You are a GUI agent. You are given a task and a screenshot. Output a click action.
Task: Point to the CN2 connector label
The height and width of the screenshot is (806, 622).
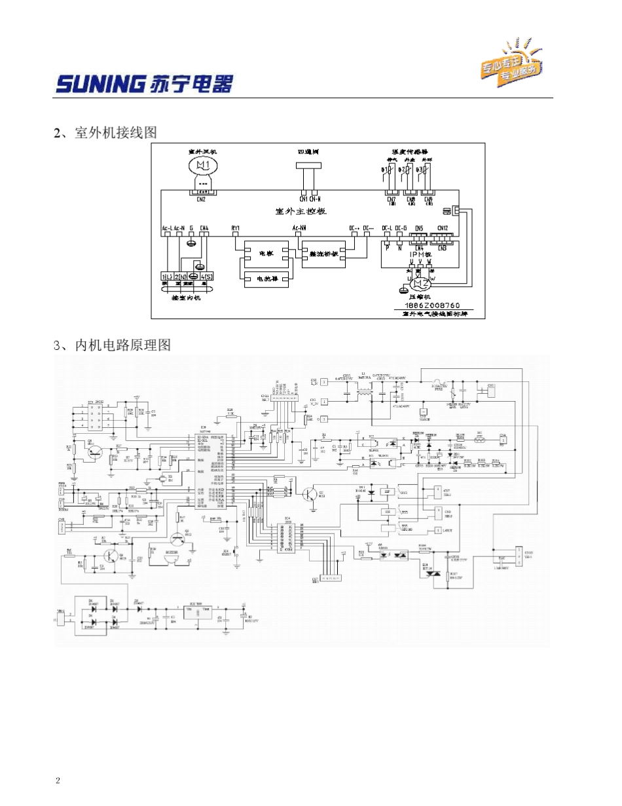tap(201, 199)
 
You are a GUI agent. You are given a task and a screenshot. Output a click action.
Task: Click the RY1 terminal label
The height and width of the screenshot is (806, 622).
tap(236, 229)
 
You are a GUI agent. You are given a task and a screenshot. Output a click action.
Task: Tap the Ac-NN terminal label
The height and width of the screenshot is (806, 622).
tap(300, 229)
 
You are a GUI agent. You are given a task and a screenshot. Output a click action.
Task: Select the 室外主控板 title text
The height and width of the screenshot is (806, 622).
tap(301, 211)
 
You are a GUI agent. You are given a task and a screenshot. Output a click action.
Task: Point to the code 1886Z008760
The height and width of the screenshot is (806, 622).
tap(433, 305)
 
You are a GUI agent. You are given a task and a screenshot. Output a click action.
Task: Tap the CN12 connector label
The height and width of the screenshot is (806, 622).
tap(443, 229)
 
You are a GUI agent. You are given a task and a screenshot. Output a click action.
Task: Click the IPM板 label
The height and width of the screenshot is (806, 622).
tap(420, 254)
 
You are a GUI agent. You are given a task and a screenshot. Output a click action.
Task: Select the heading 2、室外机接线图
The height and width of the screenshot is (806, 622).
tap(105, 133)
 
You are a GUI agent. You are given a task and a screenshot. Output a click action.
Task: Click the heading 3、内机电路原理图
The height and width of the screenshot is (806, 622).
tap(112, 345)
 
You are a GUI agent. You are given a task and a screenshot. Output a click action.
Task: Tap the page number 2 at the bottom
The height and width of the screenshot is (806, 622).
tap(58, 780)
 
